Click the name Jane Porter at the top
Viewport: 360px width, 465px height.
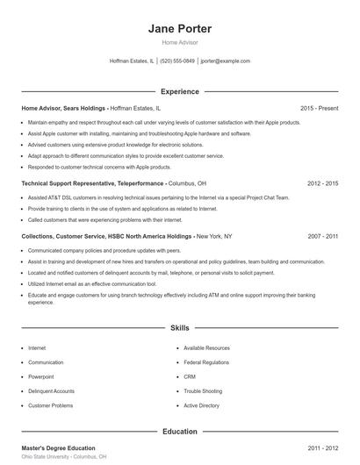pyautogui.click(x=180, y=28)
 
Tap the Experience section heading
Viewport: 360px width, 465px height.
pyautogui.click(x=180, y=91)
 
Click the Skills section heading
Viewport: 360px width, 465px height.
pyautogui.click(x=180, y=328)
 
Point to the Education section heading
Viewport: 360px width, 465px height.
pyautogui.click(x=180, y=432)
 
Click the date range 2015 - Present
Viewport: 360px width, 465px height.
pyautogui.click(x=319, y=108)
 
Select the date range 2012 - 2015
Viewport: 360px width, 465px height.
pyautogui.click(x=322, y=184)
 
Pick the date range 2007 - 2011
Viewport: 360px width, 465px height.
pyautogui.click(x=322, y=236)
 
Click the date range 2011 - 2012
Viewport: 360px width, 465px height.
pyautogui.click(x=322, y=448)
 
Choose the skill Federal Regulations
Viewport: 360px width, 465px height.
pyautogui.click(x=206, y=362)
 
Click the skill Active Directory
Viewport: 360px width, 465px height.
pyautogui.click(x=201, y=406)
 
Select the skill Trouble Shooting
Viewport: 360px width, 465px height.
pyautogui.click(x=202, y=391)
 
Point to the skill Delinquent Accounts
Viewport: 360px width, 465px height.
pyautogui.click(x=51, y=391)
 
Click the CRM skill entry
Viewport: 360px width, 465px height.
pyautogui.click(x=190, y=376)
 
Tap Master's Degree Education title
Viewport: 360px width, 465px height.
pyautogui.click(x=58, y=448)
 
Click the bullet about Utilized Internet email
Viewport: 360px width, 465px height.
pyautogui.click(x=91, y=284)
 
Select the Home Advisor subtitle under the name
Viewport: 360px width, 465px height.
pyautogui.click(x=180, y=42)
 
